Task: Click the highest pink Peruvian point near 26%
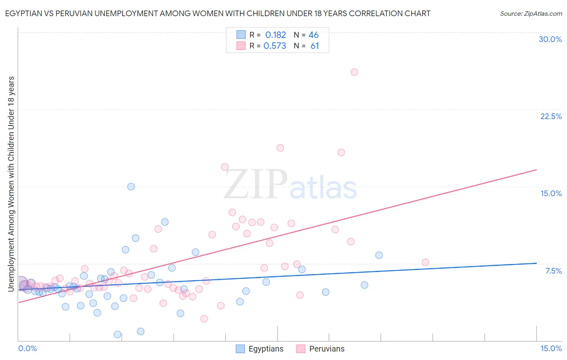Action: click(354, 72)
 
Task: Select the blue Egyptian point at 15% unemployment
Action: click(131, 186)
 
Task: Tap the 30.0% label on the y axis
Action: click(550, 39)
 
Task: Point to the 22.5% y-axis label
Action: click(551, 116)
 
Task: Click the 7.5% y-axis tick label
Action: click(553, 271)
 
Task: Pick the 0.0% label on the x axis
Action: click(27, 348)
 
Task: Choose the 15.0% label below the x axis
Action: click(551, 348)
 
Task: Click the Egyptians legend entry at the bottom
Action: click(266, 349)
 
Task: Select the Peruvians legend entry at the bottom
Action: click(327, 349)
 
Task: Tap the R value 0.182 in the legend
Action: click(275, 35)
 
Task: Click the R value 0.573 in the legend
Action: click(275, 46)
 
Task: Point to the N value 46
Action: click(313, 35)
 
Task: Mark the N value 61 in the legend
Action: click(315, 46)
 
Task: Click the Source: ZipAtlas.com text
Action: click(531, 14)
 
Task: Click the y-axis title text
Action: click(11, 184)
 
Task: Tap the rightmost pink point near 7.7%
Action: click(425, 262)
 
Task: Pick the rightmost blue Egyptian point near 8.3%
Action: click(379, 255)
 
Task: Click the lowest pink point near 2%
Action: click(204, 319)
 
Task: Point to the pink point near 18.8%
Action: click(280, 148)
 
